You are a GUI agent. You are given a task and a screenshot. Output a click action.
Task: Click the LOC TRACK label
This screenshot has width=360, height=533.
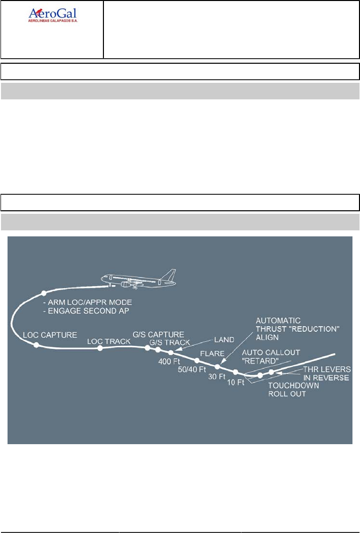(109, 341)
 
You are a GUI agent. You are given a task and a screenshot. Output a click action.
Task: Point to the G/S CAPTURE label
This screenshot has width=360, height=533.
(158, 334)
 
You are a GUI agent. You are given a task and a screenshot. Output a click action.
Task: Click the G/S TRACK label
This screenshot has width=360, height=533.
(170, 342)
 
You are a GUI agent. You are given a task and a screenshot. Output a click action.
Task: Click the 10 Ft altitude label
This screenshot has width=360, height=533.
(236, 383)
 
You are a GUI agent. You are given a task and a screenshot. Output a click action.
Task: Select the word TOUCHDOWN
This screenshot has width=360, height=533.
(291, 386)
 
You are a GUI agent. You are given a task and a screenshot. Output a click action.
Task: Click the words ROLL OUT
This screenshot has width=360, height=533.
(287, 394)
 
